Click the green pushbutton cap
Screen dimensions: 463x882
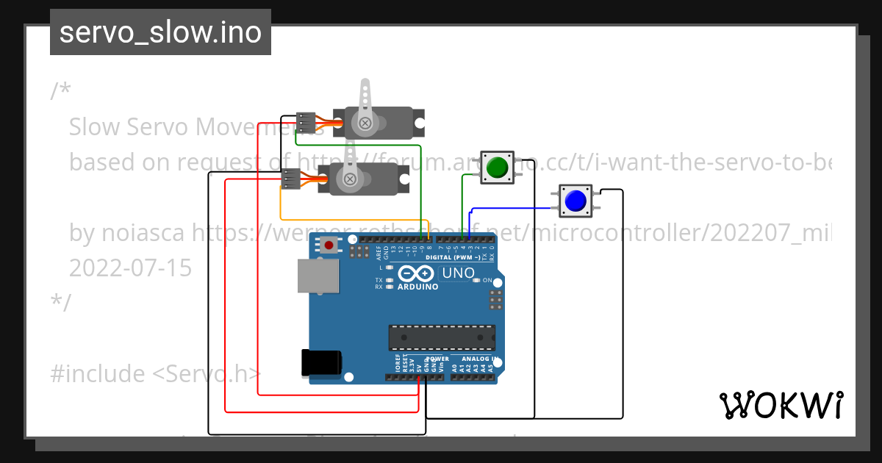498,167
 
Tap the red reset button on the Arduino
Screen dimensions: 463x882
329,245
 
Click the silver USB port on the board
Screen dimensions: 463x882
319,276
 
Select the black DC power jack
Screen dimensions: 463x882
321,362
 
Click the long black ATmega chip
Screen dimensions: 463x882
442,337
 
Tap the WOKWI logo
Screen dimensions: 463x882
781,405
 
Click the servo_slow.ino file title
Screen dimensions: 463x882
160,32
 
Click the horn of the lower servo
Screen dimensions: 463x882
349,164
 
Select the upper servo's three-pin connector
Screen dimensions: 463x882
306,121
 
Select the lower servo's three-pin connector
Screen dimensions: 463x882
291,179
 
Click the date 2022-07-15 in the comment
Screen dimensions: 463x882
130,268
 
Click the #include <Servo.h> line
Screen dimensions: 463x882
155,374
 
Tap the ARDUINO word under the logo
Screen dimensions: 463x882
417,287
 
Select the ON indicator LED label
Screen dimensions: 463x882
487,281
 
